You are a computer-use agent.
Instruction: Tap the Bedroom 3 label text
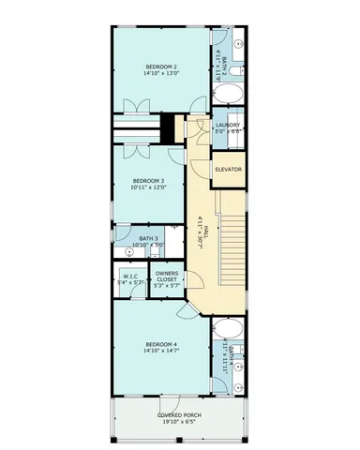tap(148, 180)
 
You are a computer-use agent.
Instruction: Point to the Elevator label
tap(228, 170)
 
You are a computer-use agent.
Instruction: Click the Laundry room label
tap(228, 125)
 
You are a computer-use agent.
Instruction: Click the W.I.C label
tap(130, 276)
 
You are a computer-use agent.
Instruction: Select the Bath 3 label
tap(148, 239)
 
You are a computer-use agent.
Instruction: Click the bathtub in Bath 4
tap(228, 330)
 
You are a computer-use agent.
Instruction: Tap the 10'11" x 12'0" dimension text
tap(148, 187)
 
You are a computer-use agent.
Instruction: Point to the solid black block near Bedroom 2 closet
tap(167, 127)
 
